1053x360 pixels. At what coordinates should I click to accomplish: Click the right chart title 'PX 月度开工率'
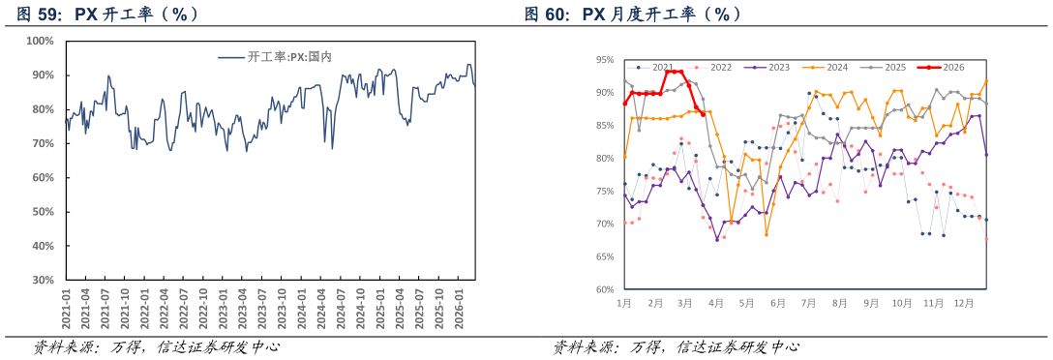[x=634, y=15]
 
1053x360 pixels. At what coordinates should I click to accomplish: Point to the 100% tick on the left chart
[x=40, y=41]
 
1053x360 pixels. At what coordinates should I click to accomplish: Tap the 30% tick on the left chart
[x=44, y=280]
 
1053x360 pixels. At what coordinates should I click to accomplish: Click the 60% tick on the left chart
[x=44, y=177]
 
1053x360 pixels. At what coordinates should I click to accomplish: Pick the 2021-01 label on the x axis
[x=66, y=308]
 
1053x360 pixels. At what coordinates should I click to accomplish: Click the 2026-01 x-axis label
[x=460, y=308]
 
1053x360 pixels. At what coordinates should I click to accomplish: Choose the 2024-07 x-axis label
[x=342, y=308]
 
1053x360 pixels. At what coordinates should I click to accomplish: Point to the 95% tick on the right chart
[x=605, y=60]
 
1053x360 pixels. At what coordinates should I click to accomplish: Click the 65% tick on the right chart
[x=605, y=257]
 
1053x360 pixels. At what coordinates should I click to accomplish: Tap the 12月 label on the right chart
[x=964, y=303]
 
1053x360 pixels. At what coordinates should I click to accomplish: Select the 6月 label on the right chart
[x=777, y=303]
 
